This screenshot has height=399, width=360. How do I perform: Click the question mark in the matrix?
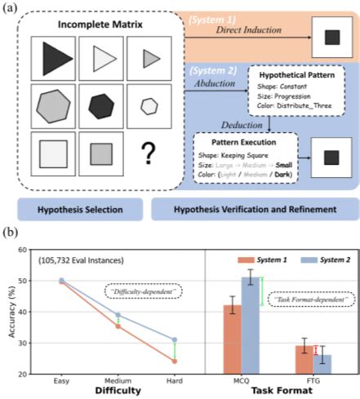click(149, 152)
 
